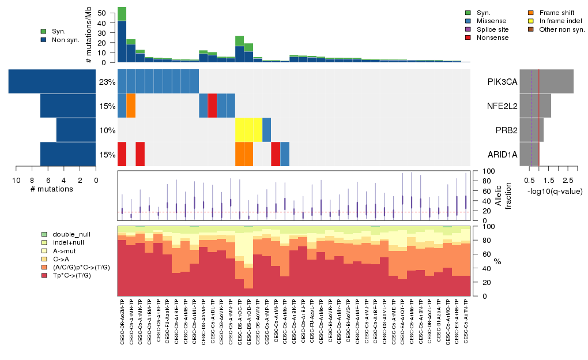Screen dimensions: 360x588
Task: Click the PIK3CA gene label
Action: (x=502, y=82)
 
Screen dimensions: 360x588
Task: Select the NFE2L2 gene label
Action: (x=502, y=106)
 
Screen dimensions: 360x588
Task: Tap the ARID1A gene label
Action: (x=502, y=155)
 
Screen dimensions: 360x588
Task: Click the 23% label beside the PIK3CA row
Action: (x=107, y=82)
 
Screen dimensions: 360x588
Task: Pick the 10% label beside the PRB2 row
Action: (x=107, y=130)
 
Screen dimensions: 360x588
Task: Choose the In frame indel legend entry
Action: (x=559, y=21)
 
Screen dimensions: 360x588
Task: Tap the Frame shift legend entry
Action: (x=556, y=12)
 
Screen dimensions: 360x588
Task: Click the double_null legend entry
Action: (x=71, y=235)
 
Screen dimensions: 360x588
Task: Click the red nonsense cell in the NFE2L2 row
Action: (x=212, y=105)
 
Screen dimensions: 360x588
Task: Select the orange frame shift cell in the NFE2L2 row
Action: (x=131, y=105)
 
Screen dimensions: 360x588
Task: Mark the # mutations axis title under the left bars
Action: (x=51, y=189)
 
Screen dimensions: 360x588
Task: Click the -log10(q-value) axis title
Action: (x=555, y=191)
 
